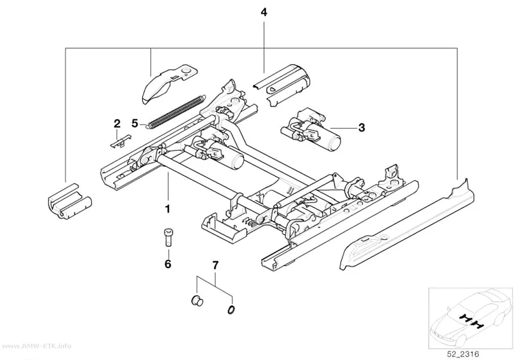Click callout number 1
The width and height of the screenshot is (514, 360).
point(167,209)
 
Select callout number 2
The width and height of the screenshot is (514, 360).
point(117,123)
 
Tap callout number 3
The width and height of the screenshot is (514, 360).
point(361,127)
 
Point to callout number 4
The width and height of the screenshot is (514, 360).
point(264,12)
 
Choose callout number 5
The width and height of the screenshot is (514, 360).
point(135,123)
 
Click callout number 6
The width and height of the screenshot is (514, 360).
point(168,264)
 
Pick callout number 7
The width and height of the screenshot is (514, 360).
point(215,265)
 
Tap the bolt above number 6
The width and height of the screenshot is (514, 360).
point(168,237)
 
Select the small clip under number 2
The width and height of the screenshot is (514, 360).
point(120,141)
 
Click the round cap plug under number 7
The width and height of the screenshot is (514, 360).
point(197,300)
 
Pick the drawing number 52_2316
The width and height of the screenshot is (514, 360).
point(463,354)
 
